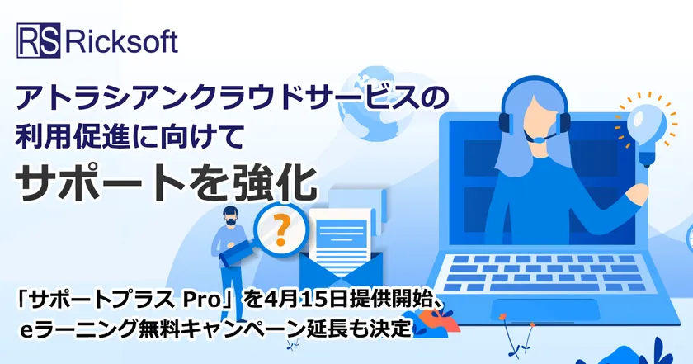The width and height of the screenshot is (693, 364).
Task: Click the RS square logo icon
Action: (39, 40)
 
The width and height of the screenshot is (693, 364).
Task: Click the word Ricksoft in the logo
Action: (121, 41)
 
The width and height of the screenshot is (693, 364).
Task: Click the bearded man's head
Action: (230, 216)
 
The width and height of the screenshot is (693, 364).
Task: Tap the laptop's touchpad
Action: (546, 310)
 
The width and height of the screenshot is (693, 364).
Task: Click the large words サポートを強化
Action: (167, 184)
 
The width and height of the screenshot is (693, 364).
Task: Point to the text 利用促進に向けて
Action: (130, 136)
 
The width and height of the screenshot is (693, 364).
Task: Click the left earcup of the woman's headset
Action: (504, 122)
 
